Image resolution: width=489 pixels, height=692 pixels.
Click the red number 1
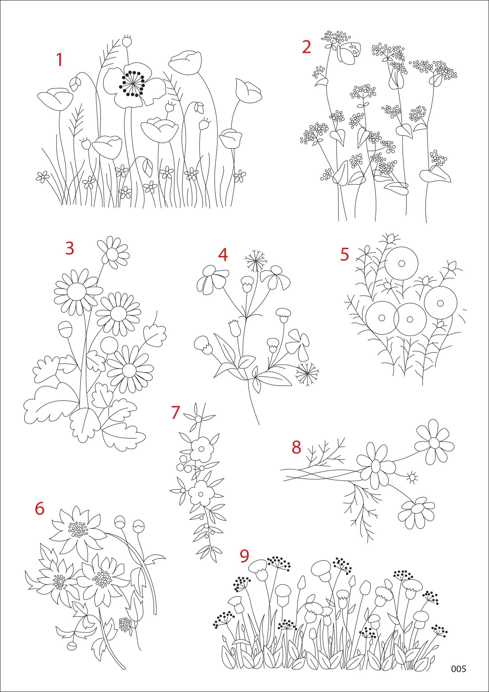[x=59, y=60]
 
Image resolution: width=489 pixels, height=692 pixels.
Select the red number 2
[x=307, y=47]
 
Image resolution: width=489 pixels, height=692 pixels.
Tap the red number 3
[x=70, y=248]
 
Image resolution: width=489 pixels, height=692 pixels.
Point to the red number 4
[x=223, y=255]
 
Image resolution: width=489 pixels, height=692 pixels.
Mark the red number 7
[x=175, y=412]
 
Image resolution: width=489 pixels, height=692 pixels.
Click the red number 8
[x=296, y=447]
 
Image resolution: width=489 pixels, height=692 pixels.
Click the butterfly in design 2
[x=349, y=53]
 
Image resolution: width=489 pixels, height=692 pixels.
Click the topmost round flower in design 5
[x=401, y=263]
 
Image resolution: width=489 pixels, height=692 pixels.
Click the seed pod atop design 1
[x=128, y=41]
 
